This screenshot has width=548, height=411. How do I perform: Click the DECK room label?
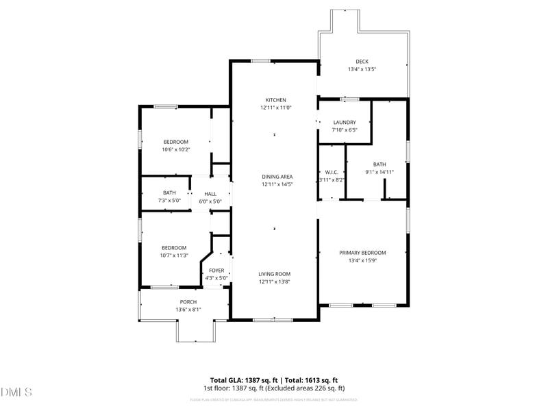(362, 62)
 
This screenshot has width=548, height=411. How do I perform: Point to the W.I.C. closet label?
(332, 172)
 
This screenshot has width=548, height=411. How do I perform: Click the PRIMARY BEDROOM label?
(362, 253)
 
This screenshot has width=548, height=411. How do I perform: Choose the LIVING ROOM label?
(275, 273)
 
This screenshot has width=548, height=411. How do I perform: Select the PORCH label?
(188, 302)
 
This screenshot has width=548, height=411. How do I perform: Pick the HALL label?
(210, 194)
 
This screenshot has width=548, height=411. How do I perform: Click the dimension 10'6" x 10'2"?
(175, 149)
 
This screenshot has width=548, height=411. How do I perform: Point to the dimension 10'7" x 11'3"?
(174, 256)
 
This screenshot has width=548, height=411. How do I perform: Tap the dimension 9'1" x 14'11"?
(379, 172)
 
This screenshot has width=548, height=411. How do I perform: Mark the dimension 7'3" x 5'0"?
(169, 201)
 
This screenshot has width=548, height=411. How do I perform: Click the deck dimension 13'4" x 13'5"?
(362, 69)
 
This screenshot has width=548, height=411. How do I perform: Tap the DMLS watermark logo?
(17, 393)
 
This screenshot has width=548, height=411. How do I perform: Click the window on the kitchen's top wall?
(260, 61)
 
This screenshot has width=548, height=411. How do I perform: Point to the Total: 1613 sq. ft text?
(312, 380)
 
